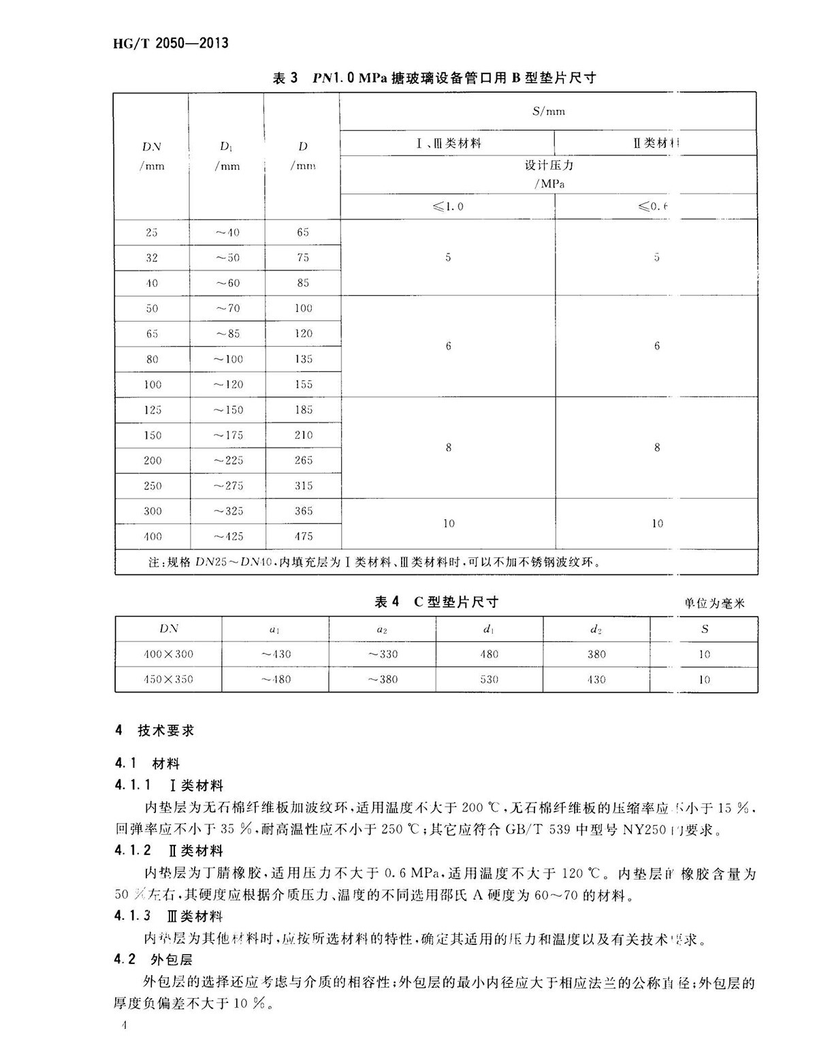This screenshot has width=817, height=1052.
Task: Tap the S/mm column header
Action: click(x=548, y=111)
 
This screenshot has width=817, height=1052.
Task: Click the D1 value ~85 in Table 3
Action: click(x=227, y=334)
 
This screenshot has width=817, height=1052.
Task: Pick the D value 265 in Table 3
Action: click(x=303, y=461)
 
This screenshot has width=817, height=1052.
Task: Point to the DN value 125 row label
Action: click(x=153, y=410)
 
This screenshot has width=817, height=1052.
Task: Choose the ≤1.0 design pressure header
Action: click(x=447, y=206)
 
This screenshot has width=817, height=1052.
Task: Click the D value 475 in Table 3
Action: click(x=303, y=537)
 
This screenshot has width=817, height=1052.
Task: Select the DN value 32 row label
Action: click(x=152, y=258)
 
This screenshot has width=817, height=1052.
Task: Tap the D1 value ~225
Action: click(x=227, y=461)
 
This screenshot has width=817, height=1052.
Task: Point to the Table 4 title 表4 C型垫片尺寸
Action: click(x=436, y=602)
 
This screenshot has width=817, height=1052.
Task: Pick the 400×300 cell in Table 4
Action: click(x=168, y=655)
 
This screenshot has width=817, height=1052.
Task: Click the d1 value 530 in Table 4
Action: click(x=489, y=680)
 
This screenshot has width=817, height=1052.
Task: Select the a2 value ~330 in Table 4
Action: click(x=382, y=655)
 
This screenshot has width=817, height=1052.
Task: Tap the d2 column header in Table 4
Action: click(x=596, y=630)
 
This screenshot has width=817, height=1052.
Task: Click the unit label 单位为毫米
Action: click(x=715, y=604)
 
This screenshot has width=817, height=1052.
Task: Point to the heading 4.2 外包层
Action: click(x=155, y=960)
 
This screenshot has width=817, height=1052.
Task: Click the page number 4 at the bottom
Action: click(x=123, y=1027)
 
